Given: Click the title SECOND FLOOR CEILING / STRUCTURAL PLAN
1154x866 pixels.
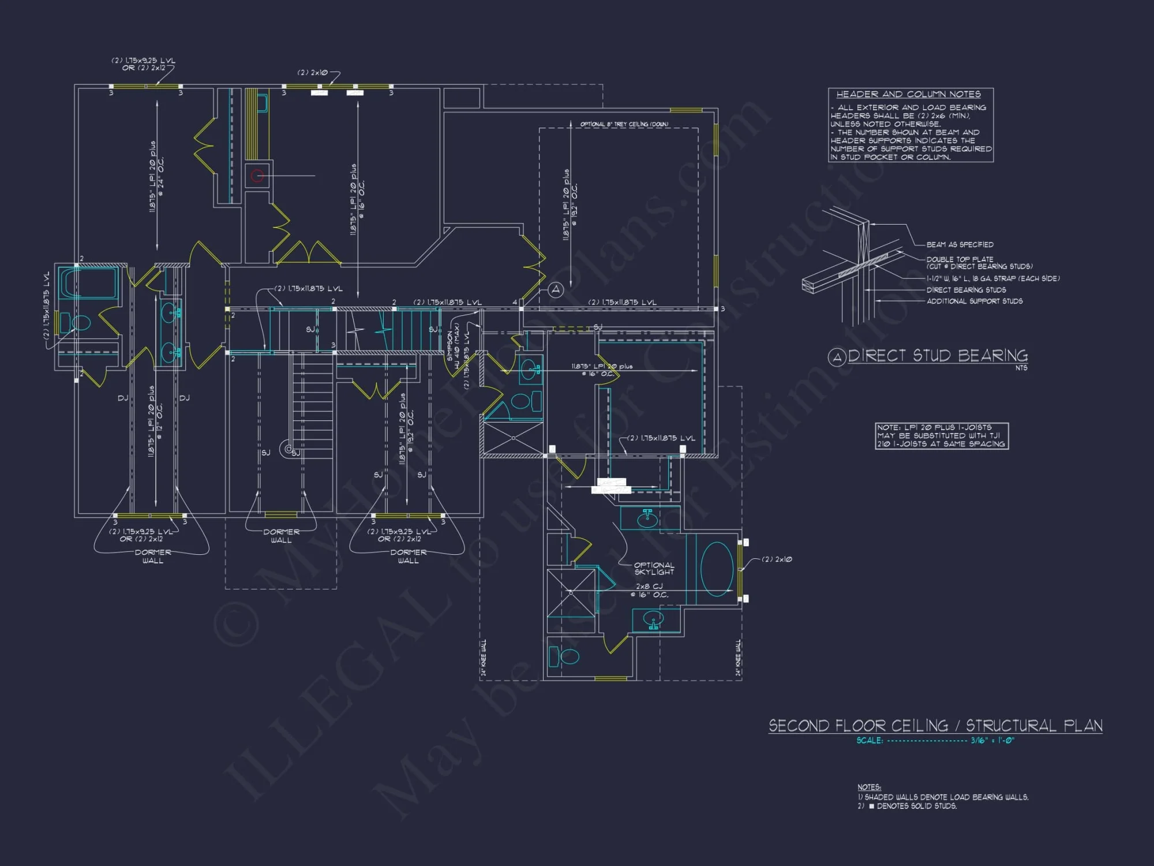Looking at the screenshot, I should pos(935,725).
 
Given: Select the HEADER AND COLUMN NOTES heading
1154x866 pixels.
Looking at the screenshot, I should pos(908,94).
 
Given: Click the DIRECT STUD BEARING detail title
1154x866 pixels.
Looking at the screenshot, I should pos(937,356).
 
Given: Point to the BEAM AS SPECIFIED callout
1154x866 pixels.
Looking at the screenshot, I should pos(960,245).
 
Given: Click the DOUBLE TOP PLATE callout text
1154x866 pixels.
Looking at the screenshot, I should pos(960,259).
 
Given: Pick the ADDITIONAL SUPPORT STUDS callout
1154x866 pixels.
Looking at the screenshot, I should pos(974,301).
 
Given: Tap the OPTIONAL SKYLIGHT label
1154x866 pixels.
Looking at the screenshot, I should pos(654,568).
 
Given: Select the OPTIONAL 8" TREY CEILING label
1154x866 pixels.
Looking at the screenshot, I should pos(624,124).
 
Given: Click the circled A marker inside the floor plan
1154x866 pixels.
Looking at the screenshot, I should pos(555,289).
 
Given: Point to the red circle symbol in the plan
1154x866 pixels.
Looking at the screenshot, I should pos(257,176).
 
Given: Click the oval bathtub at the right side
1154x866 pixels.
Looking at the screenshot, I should pos(717,569).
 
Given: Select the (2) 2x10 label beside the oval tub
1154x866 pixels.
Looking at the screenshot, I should pos(777,559).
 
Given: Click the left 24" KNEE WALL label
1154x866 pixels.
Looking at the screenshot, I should pos(484,657).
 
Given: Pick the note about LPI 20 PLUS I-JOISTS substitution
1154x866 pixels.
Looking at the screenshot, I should pos(941,436).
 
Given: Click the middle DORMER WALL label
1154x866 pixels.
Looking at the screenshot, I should pos(281,536).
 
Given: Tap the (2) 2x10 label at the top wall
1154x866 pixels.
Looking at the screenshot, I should pos(312,73).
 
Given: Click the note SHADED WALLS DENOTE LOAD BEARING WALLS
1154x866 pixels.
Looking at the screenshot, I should pos(946,797).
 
